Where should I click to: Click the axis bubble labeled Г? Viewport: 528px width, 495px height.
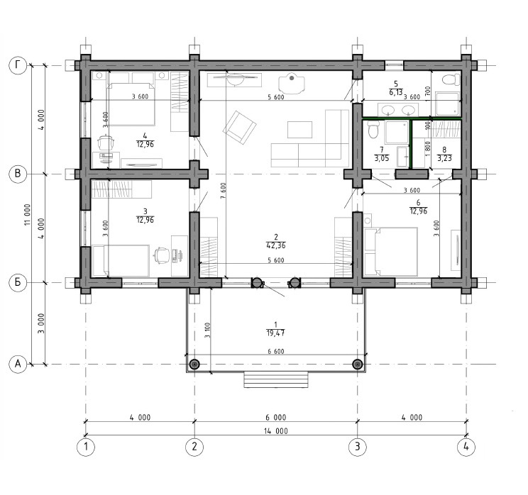click(18, 65)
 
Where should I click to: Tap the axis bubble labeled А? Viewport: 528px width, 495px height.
click(18, 364)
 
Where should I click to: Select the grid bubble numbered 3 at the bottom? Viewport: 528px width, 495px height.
click(357, 447)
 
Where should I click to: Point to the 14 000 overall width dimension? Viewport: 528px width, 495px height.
click(276, 431)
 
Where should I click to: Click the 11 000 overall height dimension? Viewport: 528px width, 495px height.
click(28, 215)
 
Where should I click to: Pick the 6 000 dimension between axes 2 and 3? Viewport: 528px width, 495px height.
click(276, 418)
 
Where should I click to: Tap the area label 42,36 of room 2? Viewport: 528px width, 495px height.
click(276, 245)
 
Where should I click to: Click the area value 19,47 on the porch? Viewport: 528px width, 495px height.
click(276, 333)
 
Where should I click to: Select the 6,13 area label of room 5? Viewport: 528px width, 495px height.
click(396, 92)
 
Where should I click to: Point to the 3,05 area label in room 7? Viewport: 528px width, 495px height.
click(382, 158)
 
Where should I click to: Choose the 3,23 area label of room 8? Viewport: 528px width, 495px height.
click(444, 158)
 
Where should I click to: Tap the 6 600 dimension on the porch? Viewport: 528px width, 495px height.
click(276, 351)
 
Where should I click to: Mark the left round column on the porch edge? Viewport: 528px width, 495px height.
click(194, 364)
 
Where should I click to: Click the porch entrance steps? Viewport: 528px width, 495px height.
click(276, 379)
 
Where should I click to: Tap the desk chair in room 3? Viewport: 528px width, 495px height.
click(162, 255)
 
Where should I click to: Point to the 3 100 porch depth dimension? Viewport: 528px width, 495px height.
click(207, 330)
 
